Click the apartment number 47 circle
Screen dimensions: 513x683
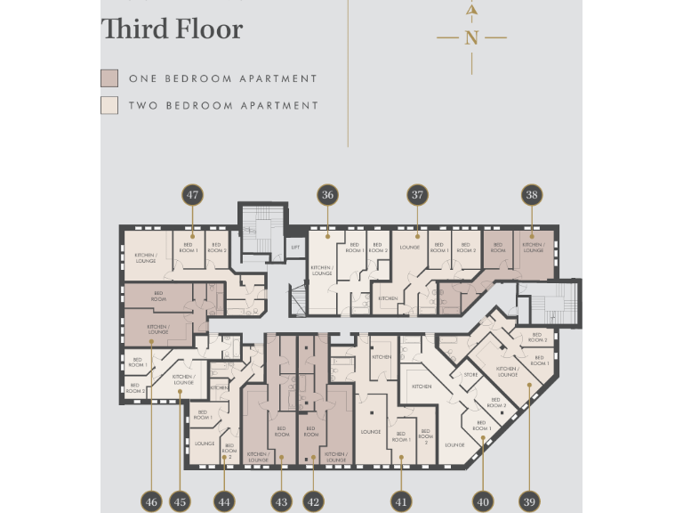[192, 195]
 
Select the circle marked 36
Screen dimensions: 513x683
[327, 195]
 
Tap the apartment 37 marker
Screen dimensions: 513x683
[417, 195]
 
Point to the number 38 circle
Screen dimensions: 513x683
[532, 195]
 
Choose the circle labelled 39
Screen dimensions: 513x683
[529, 501]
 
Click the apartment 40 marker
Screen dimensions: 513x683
[483, 501]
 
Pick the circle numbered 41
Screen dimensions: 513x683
[402, 501]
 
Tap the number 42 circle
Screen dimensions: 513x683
[313, 501]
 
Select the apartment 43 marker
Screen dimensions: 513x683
[281, 501]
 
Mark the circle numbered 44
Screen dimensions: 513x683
[223, 501]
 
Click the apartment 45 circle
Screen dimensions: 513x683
[180, 501]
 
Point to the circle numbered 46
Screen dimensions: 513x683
[151, 501]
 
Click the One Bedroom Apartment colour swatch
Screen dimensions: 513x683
[109, 78]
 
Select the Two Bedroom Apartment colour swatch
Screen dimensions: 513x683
[109, 105]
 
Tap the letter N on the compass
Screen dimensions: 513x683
[471, 37]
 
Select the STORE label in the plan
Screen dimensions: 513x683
[470, 375]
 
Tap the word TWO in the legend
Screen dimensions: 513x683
[147, 105]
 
